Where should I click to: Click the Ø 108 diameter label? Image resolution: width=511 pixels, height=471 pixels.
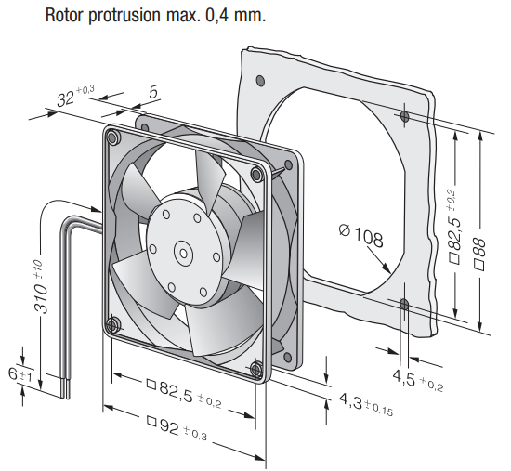(x=360, y=235)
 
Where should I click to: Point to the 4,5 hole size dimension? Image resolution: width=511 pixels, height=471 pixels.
(x=418, y=381)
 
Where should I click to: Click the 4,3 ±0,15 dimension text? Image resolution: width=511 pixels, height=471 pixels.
(x=366, y=404)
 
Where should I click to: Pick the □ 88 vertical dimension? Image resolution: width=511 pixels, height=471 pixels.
(x=479, y=254)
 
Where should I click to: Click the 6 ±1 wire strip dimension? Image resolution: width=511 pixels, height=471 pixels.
(x=20, y=374)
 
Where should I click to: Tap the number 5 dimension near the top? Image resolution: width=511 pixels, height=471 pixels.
(x=153, y=92)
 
